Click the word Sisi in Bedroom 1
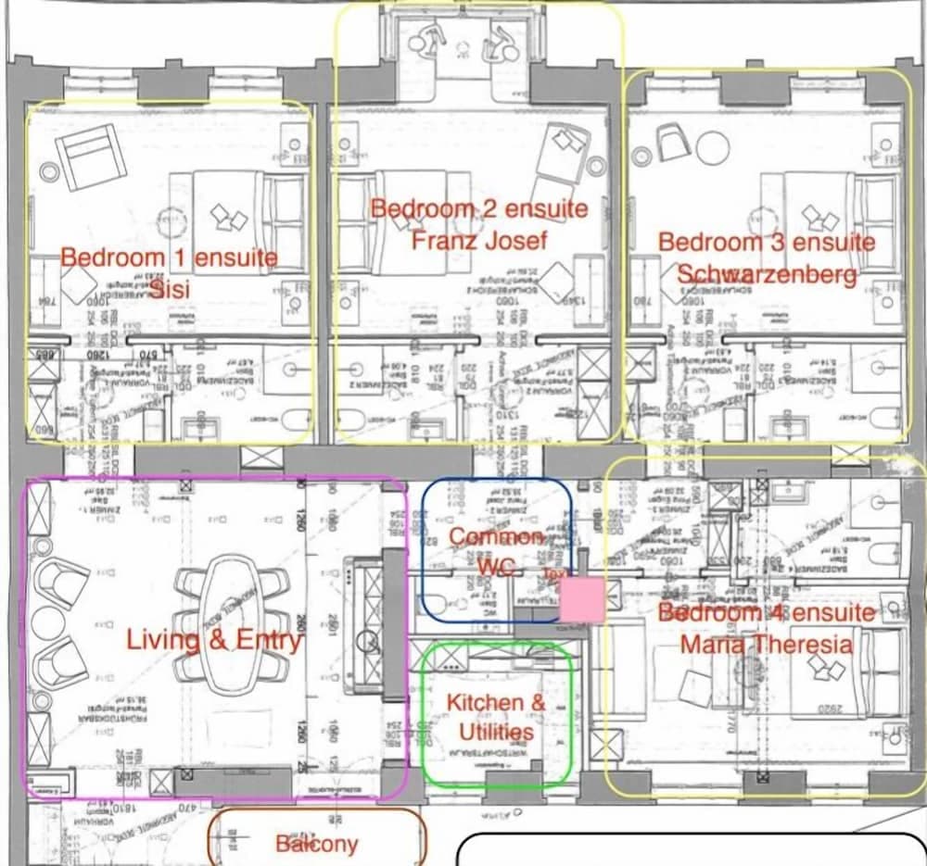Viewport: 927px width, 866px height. (x=170, y=288)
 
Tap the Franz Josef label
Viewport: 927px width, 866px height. (x=479, y=241)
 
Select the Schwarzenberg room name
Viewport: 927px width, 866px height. (x=767, y=275)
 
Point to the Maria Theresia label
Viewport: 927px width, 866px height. (x=766, y=643)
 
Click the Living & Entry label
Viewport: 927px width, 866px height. (x=214, y=640)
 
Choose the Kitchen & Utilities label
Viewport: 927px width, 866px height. (x=496, y=717)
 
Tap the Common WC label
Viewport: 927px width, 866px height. (x=496, y=551)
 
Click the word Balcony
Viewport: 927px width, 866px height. (x=316, y=844)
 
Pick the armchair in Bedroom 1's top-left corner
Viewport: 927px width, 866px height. (x=90, y=155)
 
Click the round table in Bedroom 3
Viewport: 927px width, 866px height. (x=713, y=146)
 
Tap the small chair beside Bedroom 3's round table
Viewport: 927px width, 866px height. (x=672, y=143)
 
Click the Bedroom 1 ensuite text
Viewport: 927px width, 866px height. (x=169, y=257)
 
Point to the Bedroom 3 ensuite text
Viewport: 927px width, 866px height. (x=766, y=243)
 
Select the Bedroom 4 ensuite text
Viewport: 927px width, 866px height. (x=766, y=612)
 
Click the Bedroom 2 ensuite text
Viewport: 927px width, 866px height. (x=479, y=208)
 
